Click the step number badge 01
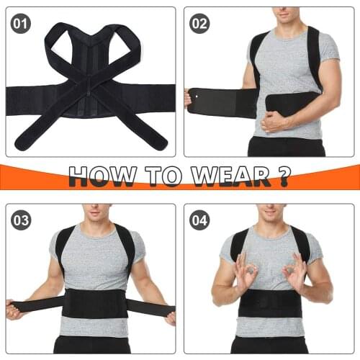pyautogui.click(x=22, y=24)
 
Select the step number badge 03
pyautogui.click(x=22, y=220)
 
